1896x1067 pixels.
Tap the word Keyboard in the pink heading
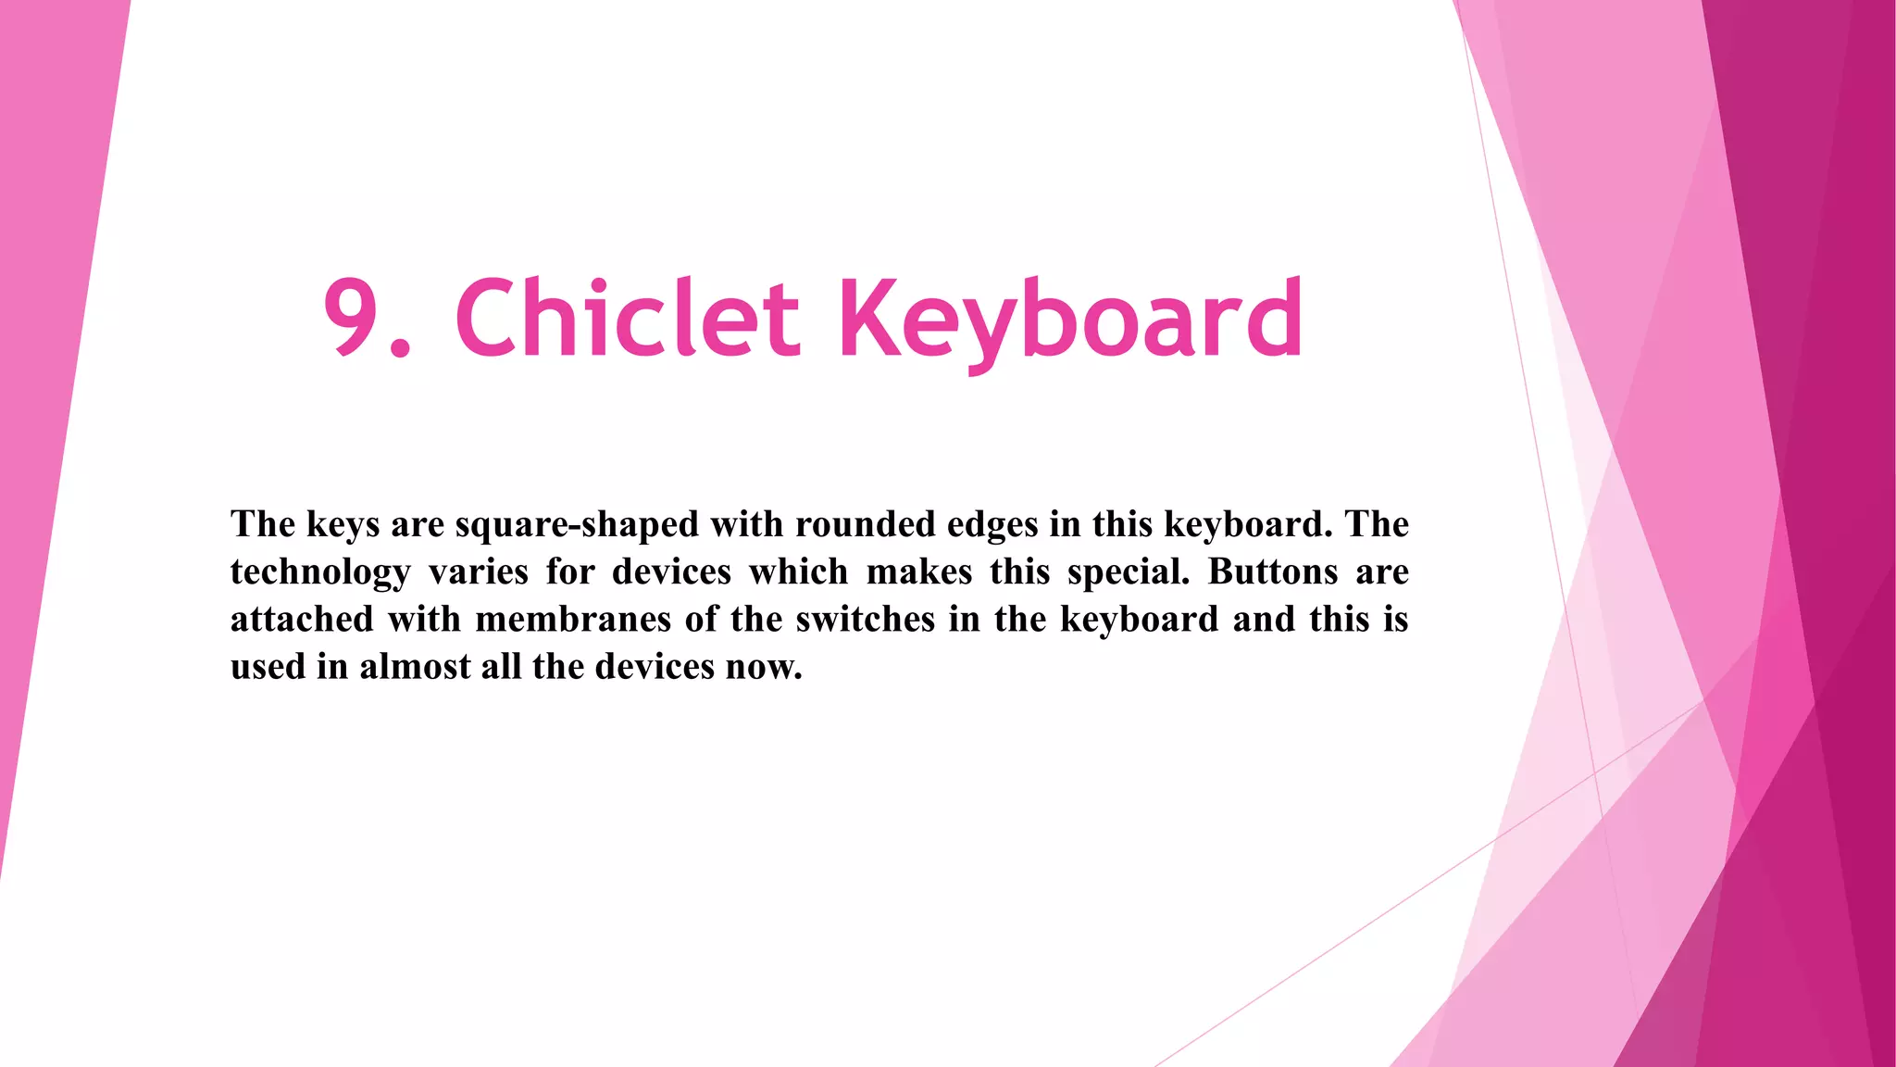coord(1070,320)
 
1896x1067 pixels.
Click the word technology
coord(320,572)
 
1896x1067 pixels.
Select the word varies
coord(478,571)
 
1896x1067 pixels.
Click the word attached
coord(302,619)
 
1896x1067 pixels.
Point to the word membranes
coord(573,619)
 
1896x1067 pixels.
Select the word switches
coord(866,619)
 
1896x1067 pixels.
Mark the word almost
coord(415,667)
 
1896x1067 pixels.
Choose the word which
coord(798,571)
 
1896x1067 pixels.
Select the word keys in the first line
coord(343,525)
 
